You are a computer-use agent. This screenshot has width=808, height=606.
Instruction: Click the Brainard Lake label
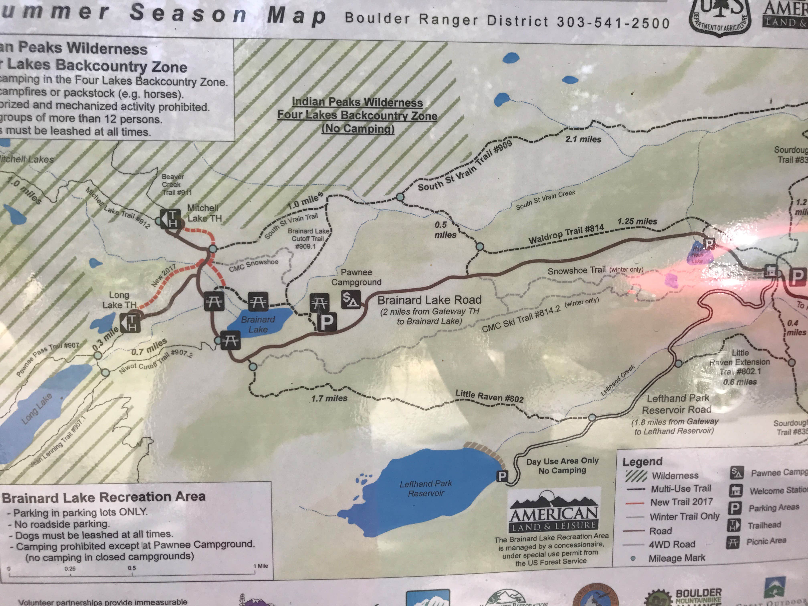[x=258, y=324]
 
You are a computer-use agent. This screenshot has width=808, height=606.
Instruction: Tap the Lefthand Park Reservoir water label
[x=426, y=488]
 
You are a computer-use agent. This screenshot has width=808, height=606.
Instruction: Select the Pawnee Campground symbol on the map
[x=351, y=300]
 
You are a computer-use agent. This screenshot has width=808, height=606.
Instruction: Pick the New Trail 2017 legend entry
[x=681, y=502]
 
